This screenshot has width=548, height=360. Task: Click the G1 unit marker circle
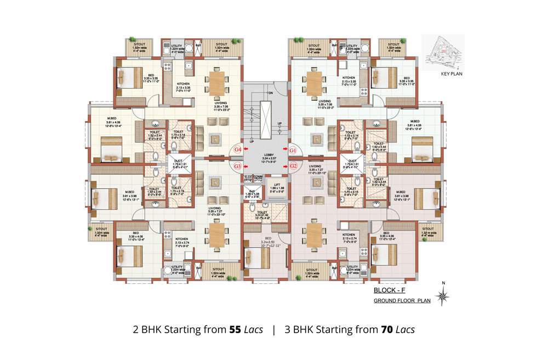click(x=293, y=149)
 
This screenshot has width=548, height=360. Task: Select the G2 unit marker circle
click(x=293, y=165)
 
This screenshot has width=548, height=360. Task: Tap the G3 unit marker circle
click(x=237, y=165)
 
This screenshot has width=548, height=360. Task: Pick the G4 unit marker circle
click(x=237, y=149)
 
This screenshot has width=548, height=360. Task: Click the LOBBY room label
click(x=265, y=156)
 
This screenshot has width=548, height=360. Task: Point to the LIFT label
click(x=277, y=185)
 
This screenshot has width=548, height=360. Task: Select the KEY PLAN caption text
click(x=452, y=72)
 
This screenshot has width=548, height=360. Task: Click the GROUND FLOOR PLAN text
click(x=402, y=301)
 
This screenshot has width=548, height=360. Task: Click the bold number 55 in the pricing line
click(x=235, y=330)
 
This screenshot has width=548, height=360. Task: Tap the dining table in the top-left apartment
click(x=218, y=84)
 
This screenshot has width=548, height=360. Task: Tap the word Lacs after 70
click(x=405, y=330)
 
